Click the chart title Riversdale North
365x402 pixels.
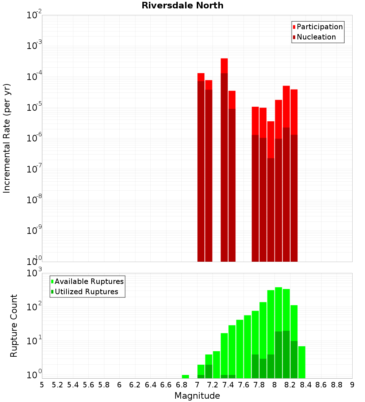182,5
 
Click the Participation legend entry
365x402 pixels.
319,27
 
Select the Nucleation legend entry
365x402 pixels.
316,37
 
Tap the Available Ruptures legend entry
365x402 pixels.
89,281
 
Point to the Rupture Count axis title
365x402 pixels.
14,326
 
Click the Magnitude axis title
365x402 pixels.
197,396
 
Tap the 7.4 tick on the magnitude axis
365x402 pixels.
228,385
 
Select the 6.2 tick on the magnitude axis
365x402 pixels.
135,385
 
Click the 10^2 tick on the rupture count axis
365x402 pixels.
34,307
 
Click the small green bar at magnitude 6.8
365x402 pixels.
185,376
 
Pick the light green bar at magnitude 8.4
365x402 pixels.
301,362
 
